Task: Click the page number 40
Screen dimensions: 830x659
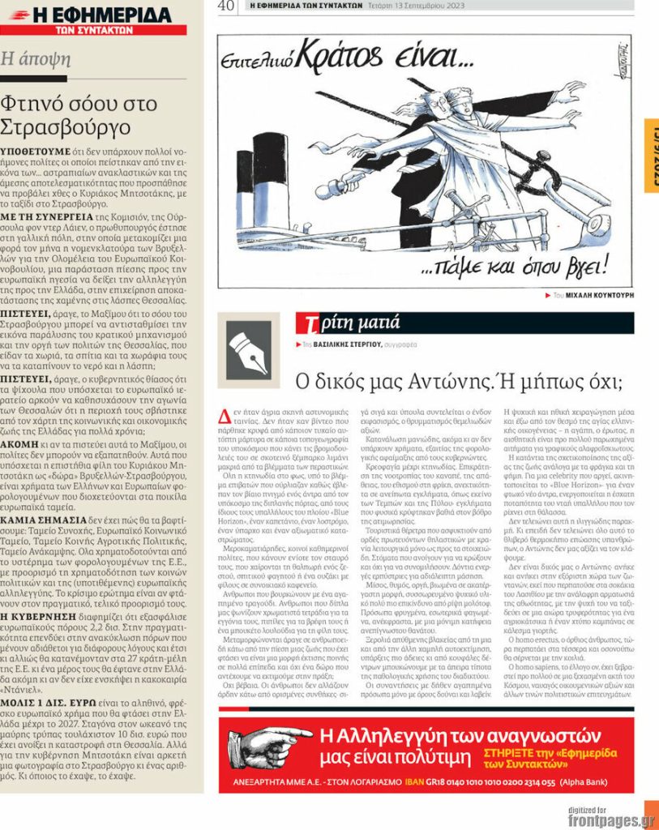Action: [226, 6]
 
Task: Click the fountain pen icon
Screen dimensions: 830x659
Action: [248, 349]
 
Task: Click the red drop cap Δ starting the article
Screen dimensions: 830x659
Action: [225, 417]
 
